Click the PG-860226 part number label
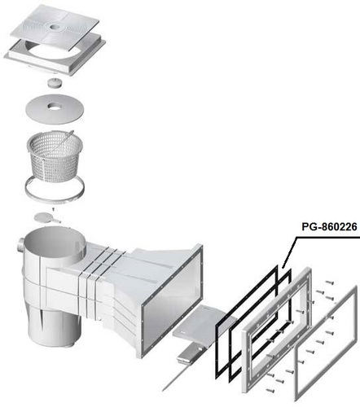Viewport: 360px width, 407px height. point(329,226)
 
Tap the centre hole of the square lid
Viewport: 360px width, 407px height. point(55,27)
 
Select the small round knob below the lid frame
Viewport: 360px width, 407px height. point(55,82)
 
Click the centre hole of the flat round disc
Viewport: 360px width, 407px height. point(54,107)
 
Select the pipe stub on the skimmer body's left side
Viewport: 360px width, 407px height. point(20,243)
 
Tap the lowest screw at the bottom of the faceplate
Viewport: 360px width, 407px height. point(270,390)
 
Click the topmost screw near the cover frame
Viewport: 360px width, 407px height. point(329,282)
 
